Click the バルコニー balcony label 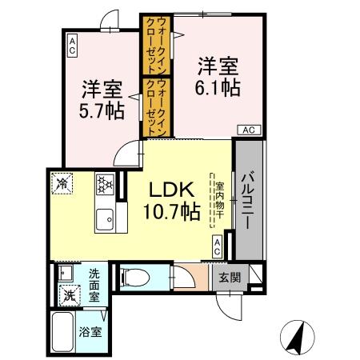coord(248,199)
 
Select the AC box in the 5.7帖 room coord(72,45)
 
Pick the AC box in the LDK coord(217,247)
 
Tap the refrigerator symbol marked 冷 coord(63,183)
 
